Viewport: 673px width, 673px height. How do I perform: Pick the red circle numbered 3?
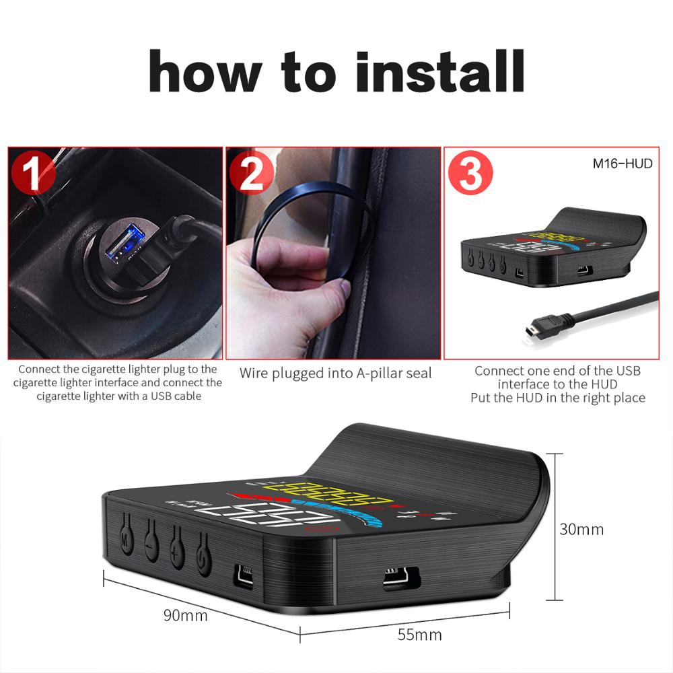coord(470,174)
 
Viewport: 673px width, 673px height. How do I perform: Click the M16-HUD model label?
coord(623,164)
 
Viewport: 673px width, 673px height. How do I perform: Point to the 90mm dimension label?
coord(185,614)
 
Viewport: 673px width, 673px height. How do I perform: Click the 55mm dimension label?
coord(420,635)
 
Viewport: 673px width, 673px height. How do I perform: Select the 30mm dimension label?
coord(581,529)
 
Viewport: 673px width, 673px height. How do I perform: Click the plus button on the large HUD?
coord(177,542)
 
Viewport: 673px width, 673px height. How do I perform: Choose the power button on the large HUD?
coord(203,549)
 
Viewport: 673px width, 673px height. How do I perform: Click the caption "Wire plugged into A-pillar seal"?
coord(335,373)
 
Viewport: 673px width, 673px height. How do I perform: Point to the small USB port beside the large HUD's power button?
coord(244,574)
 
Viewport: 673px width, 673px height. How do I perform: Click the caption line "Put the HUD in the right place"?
coord(557,398)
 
